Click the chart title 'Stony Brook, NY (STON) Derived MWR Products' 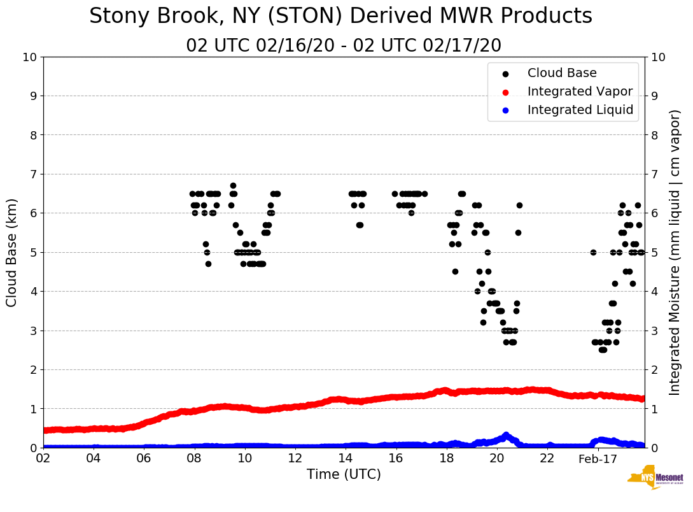pos(340,17)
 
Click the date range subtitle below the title pos(344,46)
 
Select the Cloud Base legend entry pos(562,73)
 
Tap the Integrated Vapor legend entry pos(580,91)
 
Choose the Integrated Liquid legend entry pos(580,110)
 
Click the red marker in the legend pos(505,92)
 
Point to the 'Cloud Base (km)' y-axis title pos(12,252)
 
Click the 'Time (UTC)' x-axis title pos(344,474)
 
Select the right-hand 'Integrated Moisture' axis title pos(675,252)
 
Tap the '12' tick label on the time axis pos(295,459)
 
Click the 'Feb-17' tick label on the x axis pos(598,459)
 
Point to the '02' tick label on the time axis pos(43,459)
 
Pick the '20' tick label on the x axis pos(496,459)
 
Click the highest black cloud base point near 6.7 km pos(233,186)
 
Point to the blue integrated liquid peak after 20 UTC pos(506,435)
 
